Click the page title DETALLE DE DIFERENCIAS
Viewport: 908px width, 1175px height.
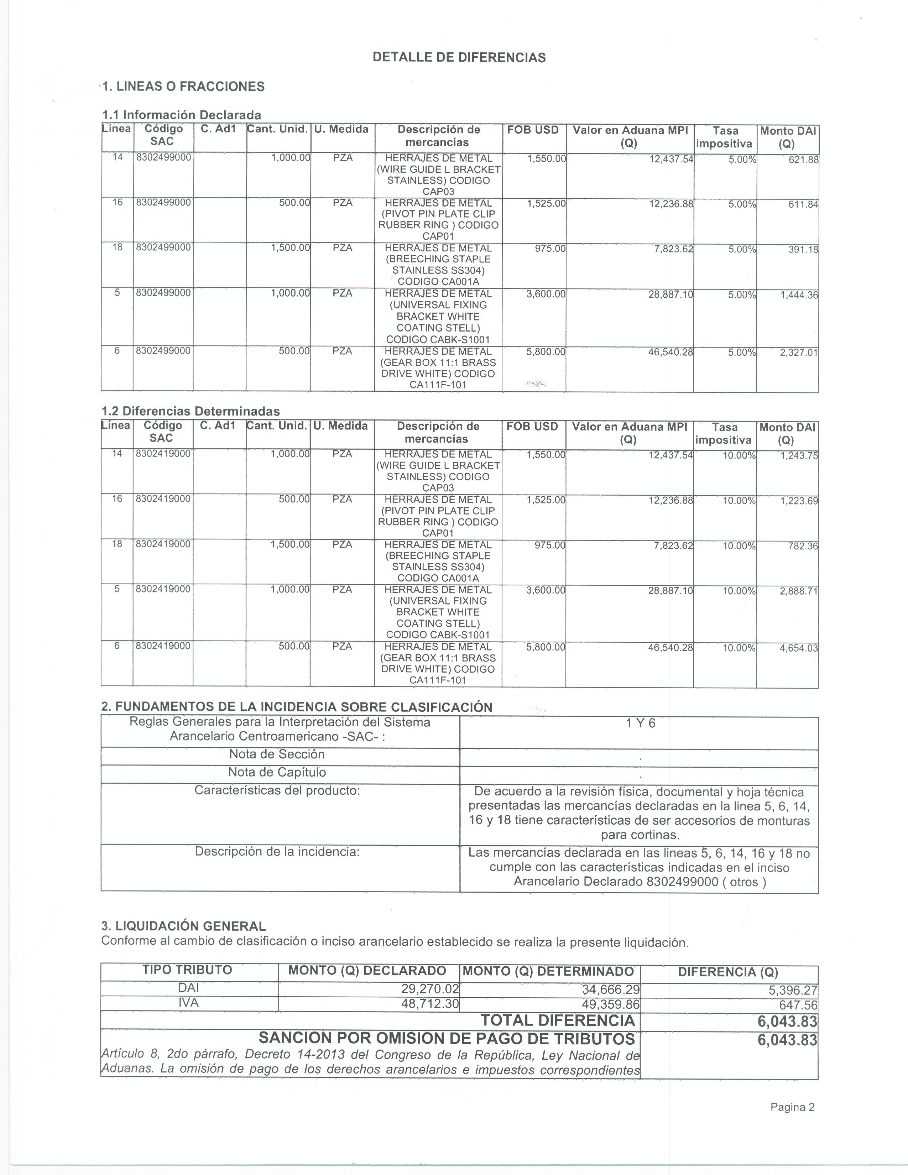tap(459, 58)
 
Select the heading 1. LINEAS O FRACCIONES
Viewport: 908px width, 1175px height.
tap(183, 87)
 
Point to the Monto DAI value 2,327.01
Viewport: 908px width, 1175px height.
tap(799, 353)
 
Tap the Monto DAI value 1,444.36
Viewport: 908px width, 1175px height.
tap(799, 295)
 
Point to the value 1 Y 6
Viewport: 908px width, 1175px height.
tap(641, 724)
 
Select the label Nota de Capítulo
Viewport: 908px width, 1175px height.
tap(277, 773)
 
